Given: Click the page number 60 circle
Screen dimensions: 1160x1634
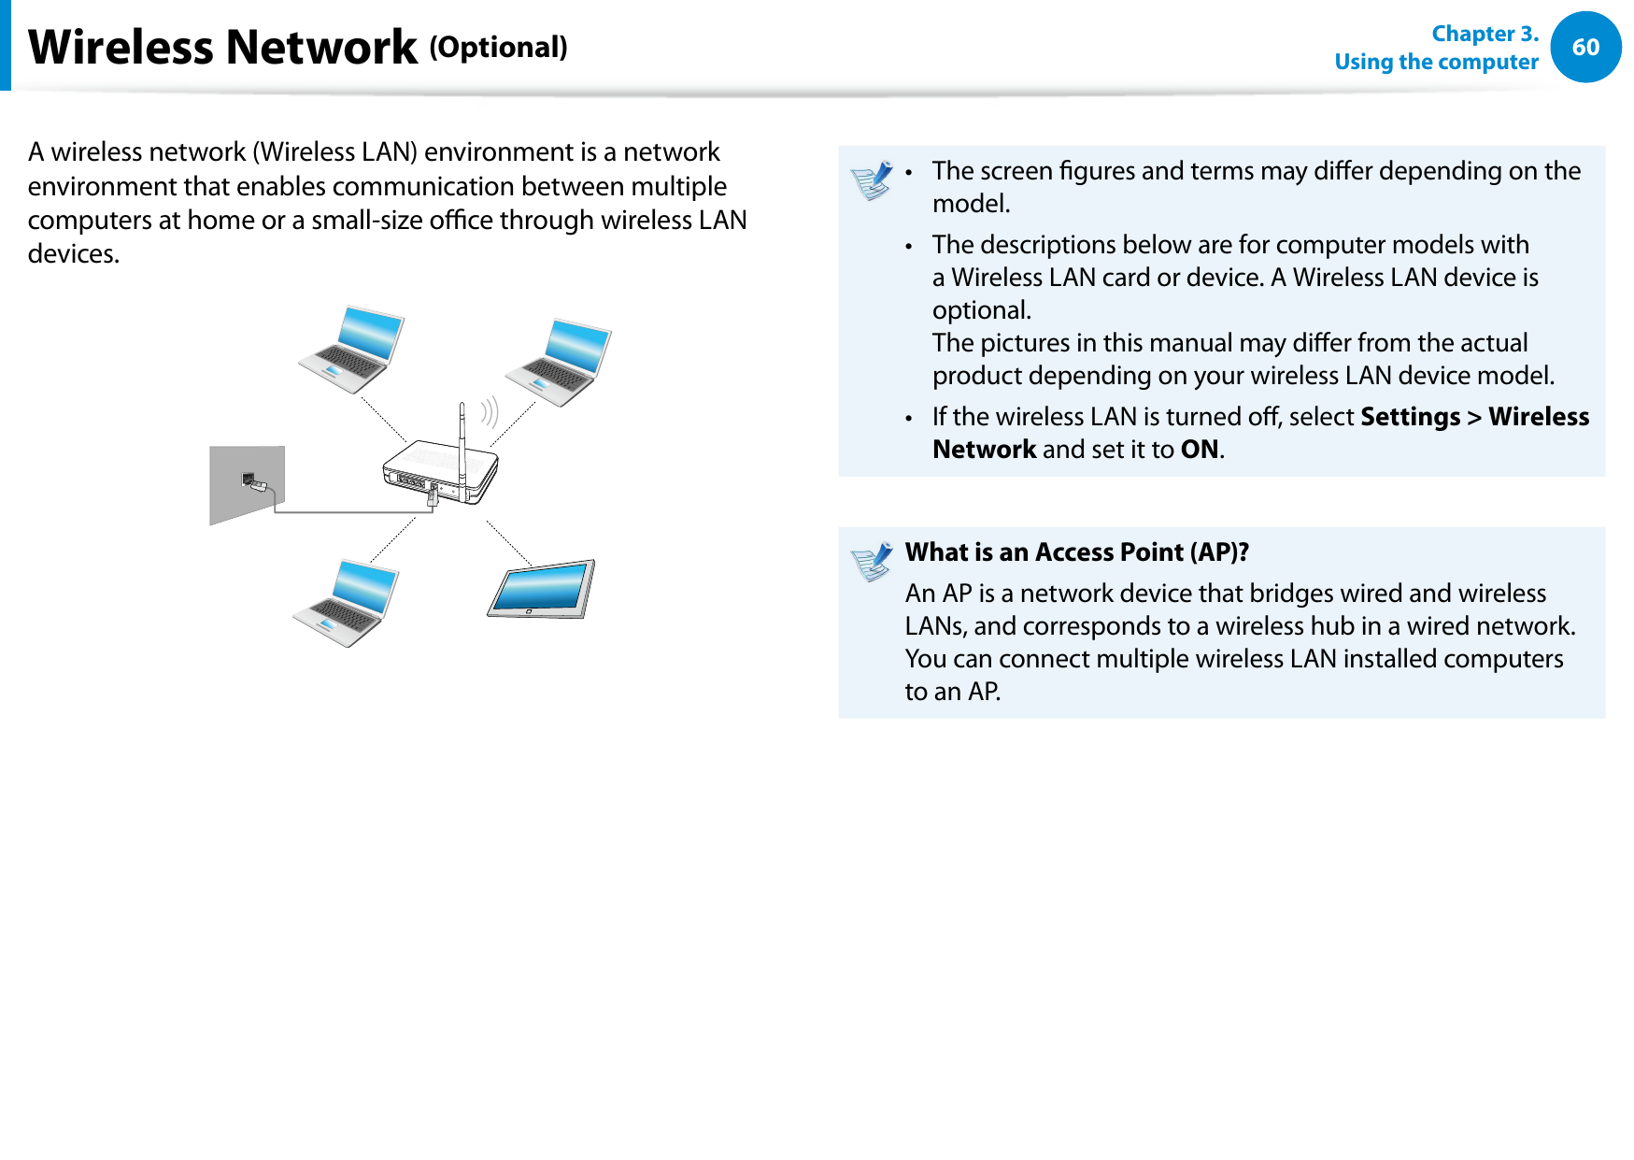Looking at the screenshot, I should (1585, 47).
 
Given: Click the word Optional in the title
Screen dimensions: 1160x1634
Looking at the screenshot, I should (498, 47).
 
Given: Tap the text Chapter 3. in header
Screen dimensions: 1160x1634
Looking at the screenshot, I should (1484, 34).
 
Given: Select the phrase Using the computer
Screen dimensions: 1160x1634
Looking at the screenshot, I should (1436, 62).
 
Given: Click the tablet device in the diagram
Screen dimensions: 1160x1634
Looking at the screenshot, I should (541, 589).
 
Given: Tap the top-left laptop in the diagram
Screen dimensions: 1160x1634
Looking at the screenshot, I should (352, 349).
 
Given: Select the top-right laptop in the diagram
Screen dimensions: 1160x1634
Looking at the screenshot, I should (560, 363).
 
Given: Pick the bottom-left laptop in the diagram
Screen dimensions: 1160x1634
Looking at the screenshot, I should (347, 603).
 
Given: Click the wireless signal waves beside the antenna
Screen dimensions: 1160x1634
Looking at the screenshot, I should (490, 411).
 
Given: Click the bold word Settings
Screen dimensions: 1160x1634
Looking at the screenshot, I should (1410, 417).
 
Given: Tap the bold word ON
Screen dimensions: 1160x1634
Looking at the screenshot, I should (1199, 450).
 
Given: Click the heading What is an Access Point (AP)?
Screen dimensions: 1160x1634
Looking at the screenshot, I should (1076, 552).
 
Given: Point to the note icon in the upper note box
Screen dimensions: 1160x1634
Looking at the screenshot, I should (873, 180).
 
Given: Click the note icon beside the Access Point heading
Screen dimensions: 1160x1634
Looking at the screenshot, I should (873, 562).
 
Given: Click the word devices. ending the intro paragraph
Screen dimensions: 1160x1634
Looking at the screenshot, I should (73, 254).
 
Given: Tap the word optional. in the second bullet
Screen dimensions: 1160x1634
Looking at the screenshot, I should (981, 310).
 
